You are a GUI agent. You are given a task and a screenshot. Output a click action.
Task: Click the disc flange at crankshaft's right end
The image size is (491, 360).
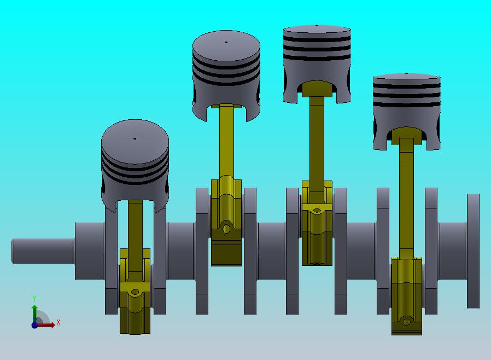point(473,251)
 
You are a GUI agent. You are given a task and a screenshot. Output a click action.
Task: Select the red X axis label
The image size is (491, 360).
point(58,323)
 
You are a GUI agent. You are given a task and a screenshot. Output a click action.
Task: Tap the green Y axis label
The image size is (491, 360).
point(34,299)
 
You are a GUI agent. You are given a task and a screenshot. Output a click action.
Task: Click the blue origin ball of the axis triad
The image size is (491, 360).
point(35,324)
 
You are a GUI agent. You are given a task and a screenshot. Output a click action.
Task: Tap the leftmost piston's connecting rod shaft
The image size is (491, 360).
point(135,224)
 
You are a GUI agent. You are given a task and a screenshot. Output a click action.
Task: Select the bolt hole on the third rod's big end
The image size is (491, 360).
point(317,210)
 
